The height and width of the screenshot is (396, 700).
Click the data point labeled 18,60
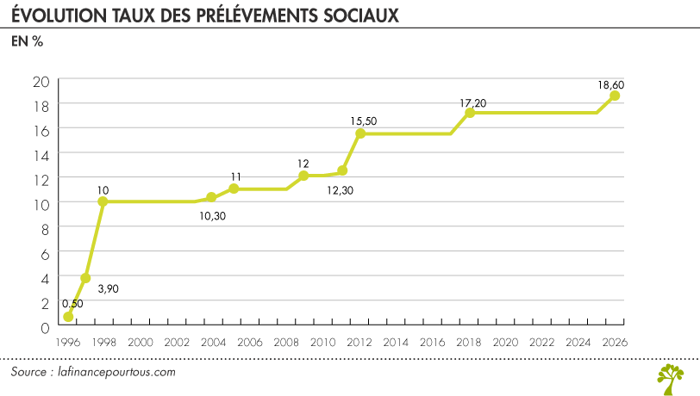pyautogui.click(x=615, y=96)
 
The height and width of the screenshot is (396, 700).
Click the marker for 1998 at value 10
pyautogui.click(x=103, y=201)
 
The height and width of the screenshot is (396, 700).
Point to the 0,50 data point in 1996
pyautogui.click(x=68, y=317)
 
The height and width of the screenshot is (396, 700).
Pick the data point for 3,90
pyautogui.click(x=85, y=278)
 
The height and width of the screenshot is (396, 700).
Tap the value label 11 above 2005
pyautogui.click(x=235, y=176)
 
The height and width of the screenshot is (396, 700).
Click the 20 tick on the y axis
pyautogui.click(x=41, y=82)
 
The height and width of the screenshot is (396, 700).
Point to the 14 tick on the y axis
pyautogui.click(x=41, y=154)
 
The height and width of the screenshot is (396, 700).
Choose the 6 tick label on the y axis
pyautogui.click(x=45, y=254)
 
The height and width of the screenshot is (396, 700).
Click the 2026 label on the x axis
pyautogui.click(x=615, y=342)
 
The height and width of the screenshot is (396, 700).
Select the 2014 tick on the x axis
pyautogui.click(x=396, y=342)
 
